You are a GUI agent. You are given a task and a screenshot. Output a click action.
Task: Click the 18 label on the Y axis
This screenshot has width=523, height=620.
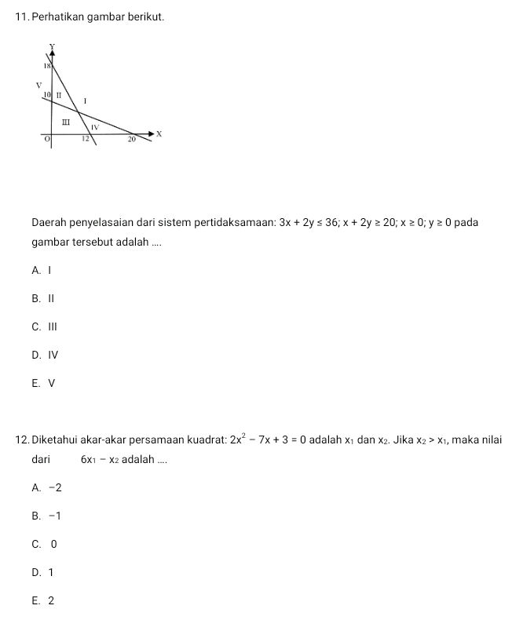coord(47,67)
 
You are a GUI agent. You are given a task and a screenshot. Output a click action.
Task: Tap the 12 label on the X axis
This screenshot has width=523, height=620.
coord(86,139)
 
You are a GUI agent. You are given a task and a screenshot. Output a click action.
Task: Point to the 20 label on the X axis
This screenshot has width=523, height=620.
coord(133,139)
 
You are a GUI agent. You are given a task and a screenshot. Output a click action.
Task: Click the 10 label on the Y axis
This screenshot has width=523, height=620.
coord(47,94)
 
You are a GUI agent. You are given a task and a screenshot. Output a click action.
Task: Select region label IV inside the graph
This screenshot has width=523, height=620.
coord(95,126)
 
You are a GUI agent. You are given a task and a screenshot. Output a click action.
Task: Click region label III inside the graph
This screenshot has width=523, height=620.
coord(66,122)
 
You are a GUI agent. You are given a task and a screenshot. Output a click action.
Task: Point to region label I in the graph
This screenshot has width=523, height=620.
coord(85,102)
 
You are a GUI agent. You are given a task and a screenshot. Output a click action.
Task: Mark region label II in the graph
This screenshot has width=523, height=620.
coord(59,95)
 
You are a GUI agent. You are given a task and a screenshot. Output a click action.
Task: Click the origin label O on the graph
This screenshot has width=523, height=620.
coord(46,138)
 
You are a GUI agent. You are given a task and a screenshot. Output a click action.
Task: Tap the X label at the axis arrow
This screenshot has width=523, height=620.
coord(159,134)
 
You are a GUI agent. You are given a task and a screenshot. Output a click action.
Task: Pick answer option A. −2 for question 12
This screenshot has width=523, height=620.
coord(47,487)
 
